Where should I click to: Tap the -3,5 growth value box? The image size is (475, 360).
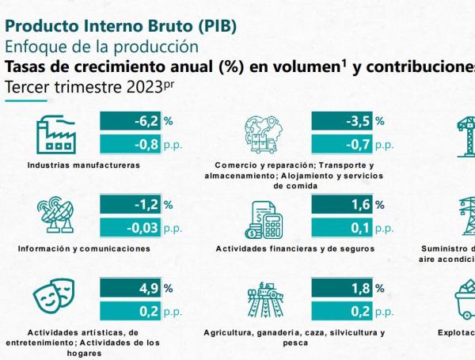pos(342,121)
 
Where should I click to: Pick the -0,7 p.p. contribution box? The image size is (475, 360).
pos(342,144)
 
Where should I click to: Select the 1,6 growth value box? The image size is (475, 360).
pos(342,204)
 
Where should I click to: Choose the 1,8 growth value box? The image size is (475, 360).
pos(342,288)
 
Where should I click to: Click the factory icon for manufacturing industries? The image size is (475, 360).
pos(56,134)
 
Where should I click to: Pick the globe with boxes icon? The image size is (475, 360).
pos(268,134)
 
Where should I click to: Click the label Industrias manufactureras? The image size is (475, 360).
pos(83,165)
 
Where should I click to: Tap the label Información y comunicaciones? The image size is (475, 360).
pos(84,248)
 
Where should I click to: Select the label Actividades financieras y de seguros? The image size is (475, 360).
pos(294,248)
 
